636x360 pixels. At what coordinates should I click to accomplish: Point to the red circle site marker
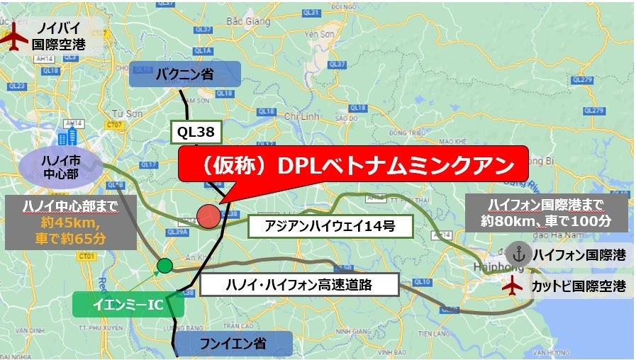[208, 216]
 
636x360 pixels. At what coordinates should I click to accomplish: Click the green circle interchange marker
[164, 266]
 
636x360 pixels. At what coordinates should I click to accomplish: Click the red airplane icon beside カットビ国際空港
[512, 286]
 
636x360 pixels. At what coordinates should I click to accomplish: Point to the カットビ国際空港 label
[579, 286]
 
